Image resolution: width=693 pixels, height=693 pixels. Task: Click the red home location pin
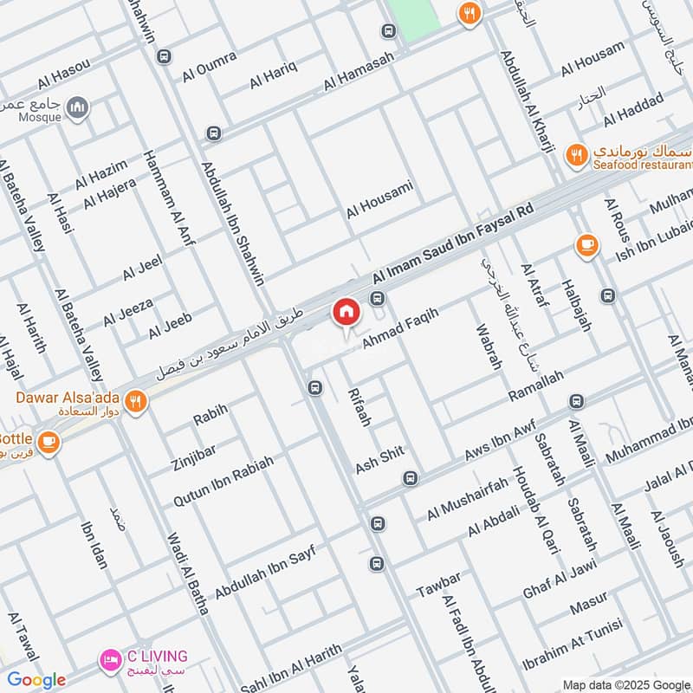click(346, 312)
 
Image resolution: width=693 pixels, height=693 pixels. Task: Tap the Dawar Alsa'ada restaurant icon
click(135, 401)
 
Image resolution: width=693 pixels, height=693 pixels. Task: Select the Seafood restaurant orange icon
click(575, 156)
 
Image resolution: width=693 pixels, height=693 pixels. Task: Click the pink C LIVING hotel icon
click(109, 660)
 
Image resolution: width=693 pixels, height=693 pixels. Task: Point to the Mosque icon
click(79, 107)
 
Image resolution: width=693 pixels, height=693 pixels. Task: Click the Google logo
click(36, 680)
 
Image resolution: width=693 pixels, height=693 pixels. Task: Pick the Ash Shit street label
click(380, 461)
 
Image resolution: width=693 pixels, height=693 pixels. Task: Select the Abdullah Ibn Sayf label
click(266, 568)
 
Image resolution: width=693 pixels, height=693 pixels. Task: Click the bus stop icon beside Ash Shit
click(410, 477)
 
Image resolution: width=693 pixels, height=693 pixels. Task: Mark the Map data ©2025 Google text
click(631, 684)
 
